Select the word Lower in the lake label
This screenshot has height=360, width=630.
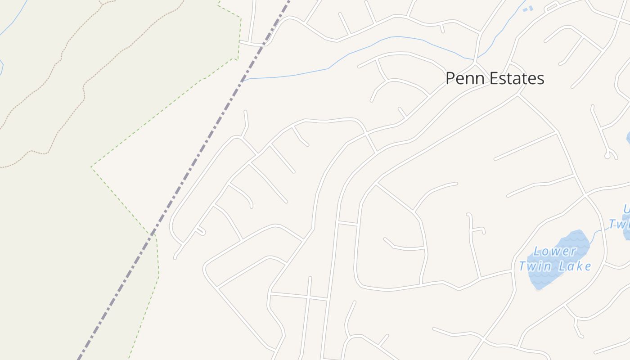(x=555, y=251)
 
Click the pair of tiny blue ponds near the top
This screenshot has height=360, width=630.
(x=528, y=9)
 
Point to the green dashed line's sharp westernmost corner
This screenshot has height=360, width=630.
(x=91, y=167)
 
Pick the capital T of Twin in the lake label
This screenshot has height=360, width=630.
(x=522, y=266)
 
